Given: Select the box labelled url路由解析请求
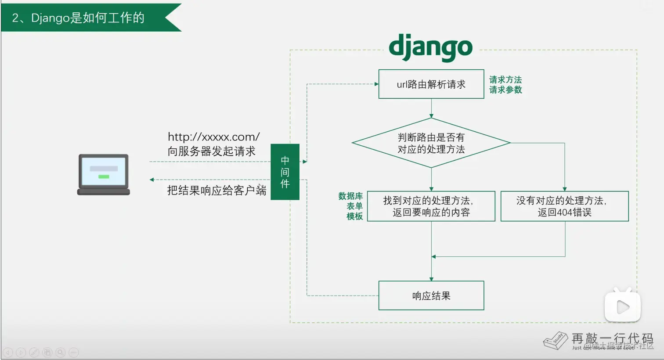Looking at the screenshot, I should pyautogui.click(x=431, y=84).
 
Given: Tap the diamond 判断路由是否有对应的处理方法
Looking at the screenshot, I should pyautogui.click(x=431, y=143).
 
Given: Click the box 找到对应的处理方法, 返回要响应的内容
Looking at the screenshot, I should pyautogui.click(x=431, y=206).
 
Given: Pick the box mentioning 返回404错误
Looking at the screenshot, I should pyautogui.click(x=564, y=206).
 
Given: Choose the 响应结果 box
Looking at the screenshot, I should pyautogui.click(x=431, y=296).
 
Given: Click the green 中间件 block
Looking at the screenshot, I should pyautogui.click(x=285, y=172).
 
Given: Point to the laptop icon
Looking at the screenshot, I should pyautogui.click(x=104, y=174).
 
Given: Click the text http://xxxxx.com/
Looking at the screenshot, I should pyautogui.click(x=214, y=137).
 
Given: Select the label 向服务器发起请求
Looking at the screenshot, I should pyautogui.click(x=211, y=151).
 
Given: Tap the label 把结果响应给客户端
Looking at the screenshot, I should pyautogui.click(x=217, y=191).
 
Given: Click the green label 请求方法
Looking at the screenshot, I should pyautogui.click(x=505, y=79).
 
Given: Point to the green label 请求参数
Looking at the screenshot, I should pyautogui.click(x=505, y=90).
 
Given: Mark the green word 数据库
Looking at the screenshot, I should pyautogui.click(x=350, y=196).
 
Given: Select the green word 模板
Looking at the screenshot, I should pyautogui.click(x=355, y=216).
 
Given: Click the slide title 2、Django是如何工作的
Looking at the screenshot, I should pyautogui.click(x=78, y=18).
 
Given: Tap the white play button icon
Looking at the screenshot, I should pyautogui.click(x=623, y=307).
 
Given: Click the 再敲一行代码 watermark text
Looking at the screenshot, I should pyautogui.click(x=612, y=338).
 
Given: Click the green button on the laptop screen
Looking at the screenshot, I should pyautogui.click(x=104, y=176).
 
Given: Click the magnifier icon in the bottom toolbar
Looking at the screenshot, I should pyautogui.click(x=61, y=352).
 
